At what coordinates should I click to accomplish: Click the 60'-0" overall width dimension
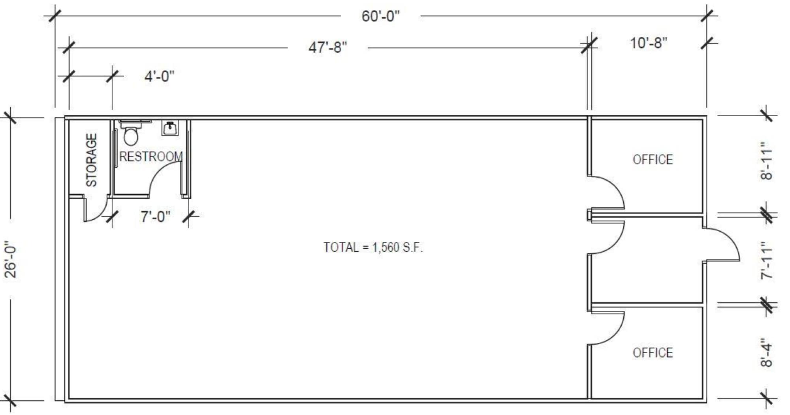[380, 17]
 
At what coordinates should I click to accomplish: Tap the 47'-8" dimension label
[327, 48]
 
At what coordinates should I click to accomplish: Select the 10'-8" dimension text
[648, 43]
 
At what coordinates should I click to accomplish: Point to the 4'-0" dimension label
[159, 76]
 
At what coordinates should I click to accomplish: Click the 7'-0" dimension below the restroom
[155, 217]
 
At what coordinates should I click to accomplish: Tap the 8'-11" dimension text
[766, 161]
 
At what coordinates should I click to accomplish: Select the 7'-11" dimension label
[766, 261]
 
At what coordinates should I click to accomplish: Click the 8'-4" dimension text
[766, 353]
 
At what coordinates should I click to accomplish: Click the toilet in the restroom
[131, 134]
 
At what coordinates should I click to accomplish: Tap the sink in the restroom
[170, 128]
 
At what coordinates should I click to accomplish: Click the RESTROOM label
[151, 157]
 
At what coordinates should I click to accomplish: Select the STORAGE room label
[91, 160]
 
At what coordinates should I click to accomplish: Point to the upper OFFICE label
[653, 160]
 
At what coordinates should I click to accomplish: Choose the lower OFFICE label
[653, 353]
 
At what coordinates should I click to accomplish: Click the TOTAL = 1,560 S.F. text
[373, 247]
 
